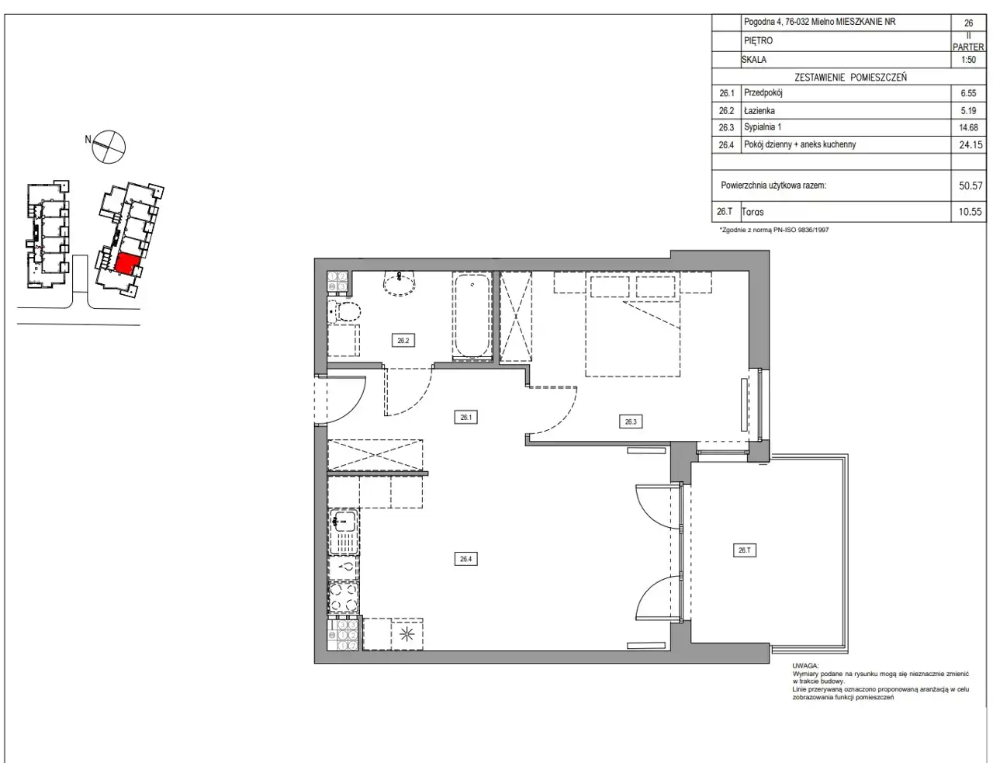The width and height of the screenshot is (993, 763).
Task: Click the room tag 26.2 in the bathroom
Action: (403, 341)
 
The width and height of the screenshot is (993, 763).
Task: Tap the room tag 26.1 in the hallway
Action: (465, 418)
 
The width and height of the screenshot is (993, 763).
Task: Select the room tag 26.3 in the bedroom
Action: (631, 421)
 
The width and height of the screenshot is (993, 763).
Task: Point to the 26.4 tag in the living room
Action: (465, 559)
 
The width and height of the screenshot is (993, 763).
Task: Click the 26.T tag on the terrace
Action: (745, 550)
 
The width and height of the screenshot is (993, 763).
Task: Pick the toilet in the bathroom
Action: (344, 312)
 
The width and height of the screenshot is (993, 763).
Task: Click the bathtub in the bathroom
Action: (472, 315)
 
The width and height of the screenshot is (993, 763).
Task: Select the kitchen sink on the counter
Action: (344, 532)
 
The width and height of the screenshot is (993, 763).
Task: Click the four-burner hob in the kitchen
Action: (344, 598)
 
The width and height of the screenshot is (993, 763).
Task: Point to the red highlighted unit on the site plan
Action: (126, 264)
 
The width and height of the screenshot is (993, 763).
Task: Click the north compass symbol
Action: (109, 147)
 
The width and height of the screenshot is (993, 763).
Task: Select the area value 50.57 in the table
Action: (971, 186)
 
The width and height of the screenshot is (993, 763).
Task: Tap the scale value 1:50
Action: (968, 60)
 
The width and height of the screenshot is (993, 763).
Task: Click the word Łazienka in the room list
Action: (759, 110)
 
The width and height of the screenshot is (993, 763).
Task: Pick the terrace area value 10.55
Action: (971, 212)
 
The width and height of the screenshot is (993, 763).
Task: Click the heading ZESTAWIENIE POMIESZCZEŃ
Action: (850, 78)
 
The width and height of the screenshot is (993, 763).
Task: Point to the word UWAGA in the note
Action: (805, 666)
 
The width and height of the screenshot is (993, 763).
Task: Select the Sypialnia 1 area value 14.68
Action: (968, 127)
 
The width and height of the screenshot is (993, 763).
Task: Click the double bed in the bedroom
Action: (632, 324)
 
